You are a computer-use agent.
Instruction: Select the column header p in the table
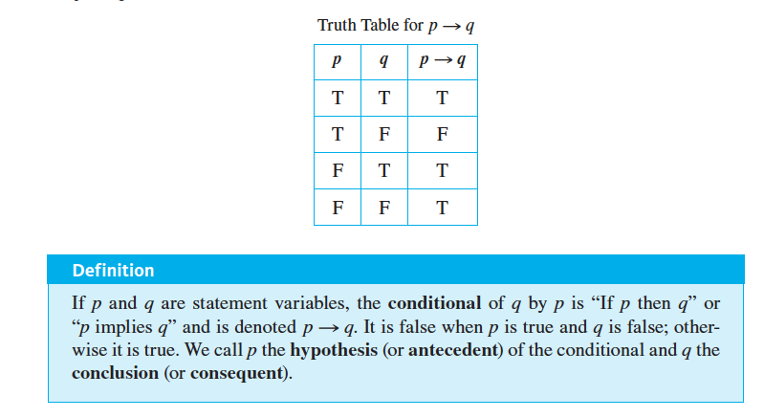point(337,62)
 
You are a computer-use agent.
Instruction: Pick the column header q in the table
point(383,62)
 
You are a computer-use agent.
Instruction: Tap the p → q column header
point(442,62)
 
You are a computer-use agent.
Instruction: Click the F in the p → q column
point(442,134)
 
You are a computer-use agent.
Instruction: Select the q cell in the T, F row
point(383,134)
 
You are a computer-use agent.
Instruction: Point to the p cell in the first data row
point(337,98)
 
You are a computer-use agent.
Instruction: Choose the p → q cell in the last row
point(442,207)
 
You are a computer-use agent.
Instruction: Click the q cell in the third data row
point(383,170)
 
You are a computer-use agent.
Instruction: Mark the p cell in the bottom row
point(337,207)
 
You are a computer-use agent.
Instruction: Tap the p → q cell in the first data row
point(442,98)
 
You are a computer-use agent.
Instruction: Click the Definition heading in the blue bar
point(113,271)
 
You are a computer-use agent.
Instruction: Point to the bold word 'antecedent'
point(452,349)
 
